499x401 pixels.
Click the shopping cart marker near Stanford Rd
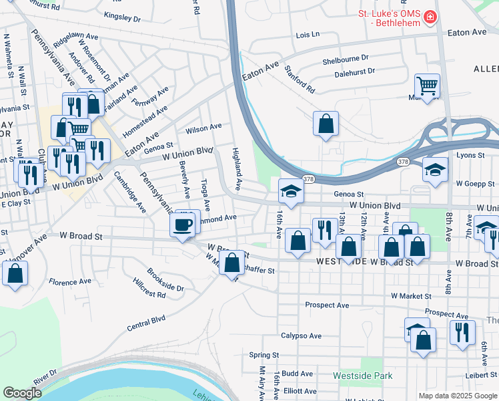[x=427, y=86]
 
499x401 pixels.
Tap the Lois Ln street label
[x=308, y=34]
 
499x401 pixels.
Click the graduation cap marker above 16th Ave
[x=291, y=192]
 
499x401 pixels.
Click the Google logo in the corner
[x=22, y=393]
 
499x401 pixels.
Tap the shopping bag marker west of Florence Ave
[x=15, y=273]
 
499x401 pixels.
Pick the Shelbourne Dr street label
[x=346, y=59]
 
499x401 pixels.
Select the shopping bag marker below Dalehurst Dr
[x=326, y=124]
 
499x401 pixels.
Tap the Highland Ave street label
[x=236, y=168]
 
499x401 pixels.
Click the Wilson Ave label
[x=203, y=126]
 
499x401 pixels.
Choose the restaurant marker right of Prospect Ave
[x=462, y=332]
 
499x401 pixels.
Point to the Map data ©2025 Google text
[x=457, y=396]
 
